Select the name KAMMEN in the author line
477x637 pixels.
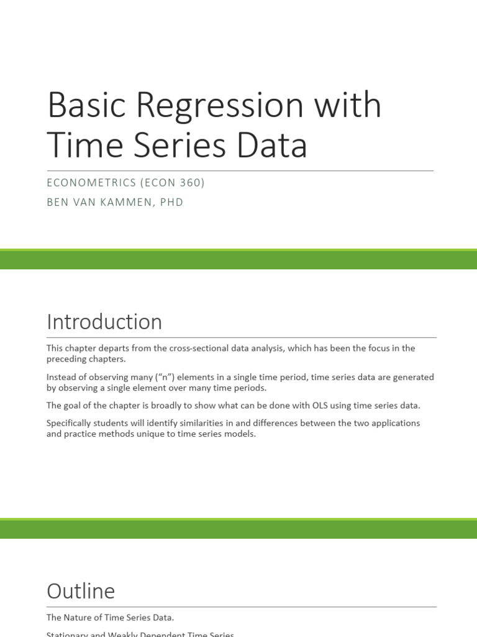point(130,202)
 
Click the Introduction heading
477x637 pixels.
point(104,322)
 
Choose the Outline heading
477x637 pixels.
point(81,590)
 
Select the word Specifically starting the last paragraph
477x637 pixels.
point(70,423)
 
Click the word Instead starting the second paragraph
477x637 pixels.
point(61,377)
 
